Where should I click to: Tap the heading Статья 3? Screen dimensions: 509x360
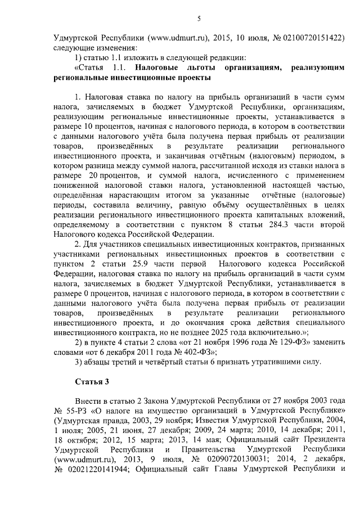coord(92,382)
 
